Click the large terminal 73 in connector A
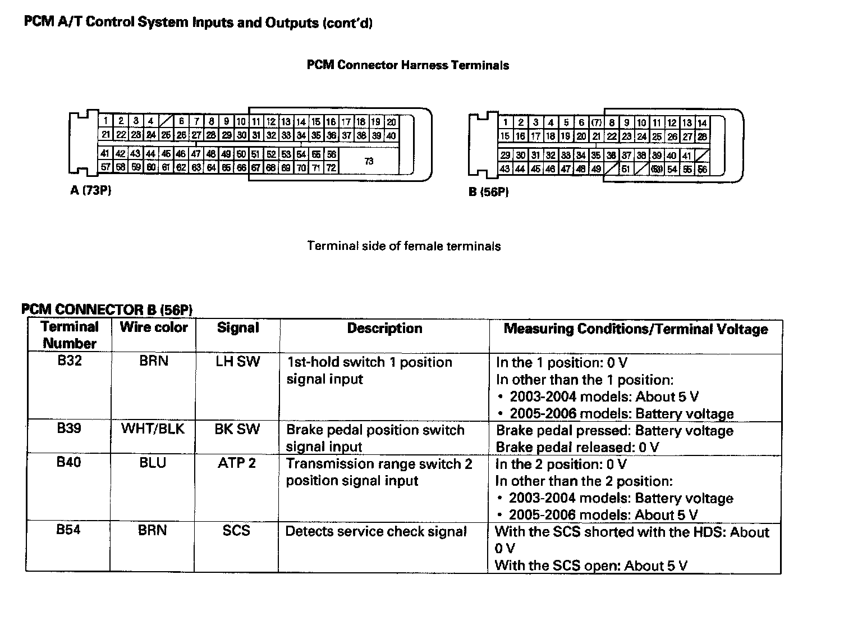coord(369,161)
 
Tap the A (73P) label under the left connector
coord(91,190)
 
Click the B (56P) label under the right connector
coord(489,192)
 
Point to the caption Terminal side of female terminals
coord(404,246)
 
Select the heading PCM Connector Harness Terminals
coord(408,65)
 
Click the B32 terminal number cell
coord(70,361)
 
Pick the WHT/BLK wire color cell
coord(153,429)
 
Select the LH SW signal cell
coord(237,362)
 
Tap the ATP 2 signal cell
coord(237,463)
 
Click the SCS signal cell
coord(236,531)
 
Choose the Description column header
coord(384,329)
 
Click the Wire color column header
coord(154,327)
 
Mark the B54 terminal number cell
coord(68,530)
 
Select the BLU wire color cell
coord(153,463)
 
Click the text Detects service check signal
coord(376,531)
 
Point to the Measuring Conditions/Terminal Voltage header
coord(635,329)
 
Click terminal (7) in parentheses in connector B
coord(597,122)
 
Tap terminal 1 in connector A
coord(105,121)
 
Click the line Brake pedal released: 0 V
coord(577,448)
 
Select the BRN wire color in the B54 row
coord(153,530)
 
